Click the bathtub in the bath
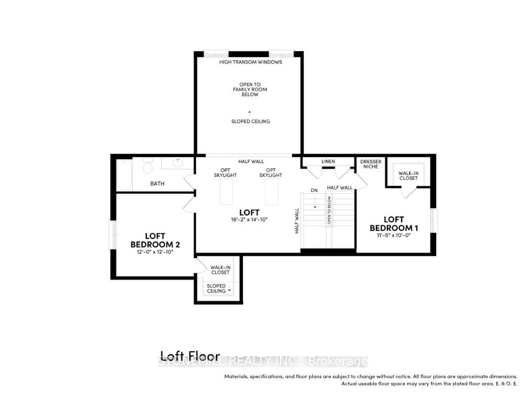pyautogui.click(x=125, y=174)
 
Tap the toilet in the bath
pyautogui.click(x=148, y=166)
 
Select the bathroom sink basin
pyautogui.click(x=178, y=163)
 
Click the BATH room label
pyautogui.click(x=157, y=183)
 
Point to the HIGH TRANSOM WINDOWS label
pyautogui.click(x=251, y=62)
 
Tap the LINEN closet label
pyautogui.click(x=328, y=162)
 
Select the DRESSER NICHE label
pyautogui.click(x=371, y=164)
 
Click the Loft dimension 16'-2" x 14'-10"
pyautogui.click(x=249, y=219)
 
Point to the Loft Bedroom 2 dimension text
pyautogui.click(x=154, y=252)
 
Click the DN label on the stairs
pyautogui.click(x=314, y=190)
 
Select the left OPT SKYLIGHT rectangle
pyautogui.click(x=226, y=192)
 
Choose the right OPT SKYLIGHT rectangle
pyautogui.click(x=271, y=192)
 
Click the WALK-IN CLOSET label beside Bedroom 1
pyautogui.click(x=408, y=176)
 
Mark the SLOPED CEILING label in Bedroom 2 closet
pyautogui.click(x=216, y=288)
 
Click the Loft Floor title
pyautogui.click(x=190, y=356)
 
